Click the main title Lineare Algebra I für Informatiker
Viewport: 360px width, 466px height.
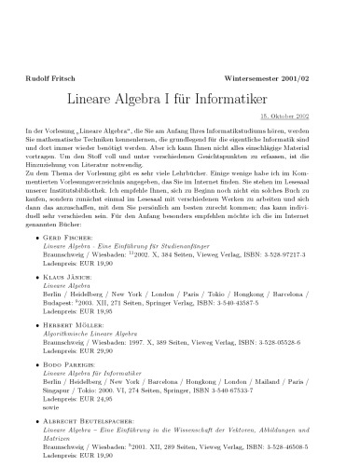pos(180,97)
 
